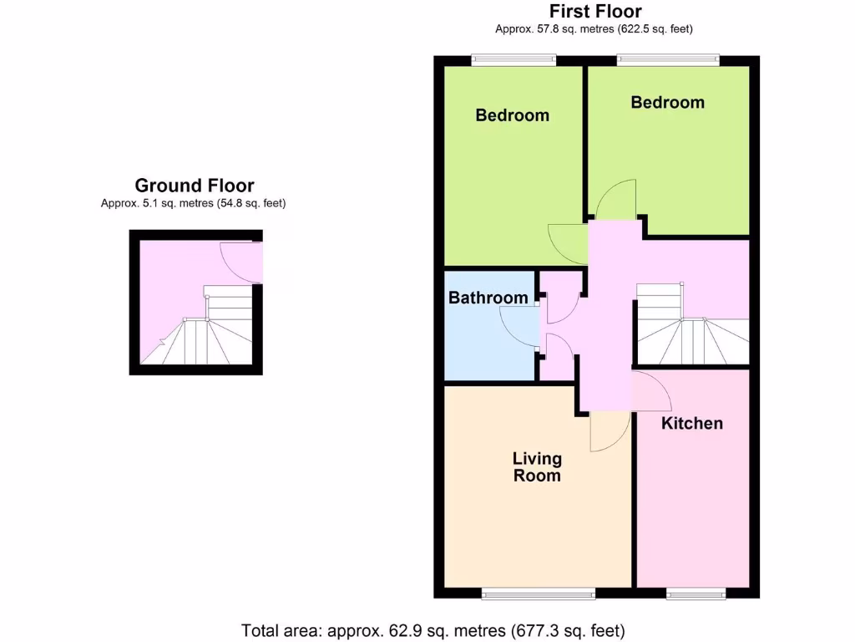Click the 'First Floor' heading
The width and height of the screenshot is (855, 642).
(x=595, y=12)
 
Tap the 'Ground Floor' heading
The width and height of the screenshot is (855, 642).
(x=195, y=186)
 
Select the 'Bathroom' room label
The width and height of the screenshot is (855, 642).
(x=488, y=298)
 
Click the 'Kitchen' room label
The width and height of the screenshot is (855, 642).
(x=691, y=423)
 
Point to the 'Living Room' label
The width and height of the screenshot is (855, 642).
(x=537, y=467)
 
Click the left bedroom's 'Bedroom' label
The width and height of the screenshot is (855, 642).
(x=512, y=115)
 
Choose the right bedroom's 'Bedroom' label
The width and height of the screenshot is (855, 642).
(x=667, y=102)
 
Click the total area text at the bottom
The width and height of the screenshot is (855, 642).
(x=433, y=629)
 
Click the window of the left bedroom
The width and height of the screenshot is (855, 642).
(x=514, y=59)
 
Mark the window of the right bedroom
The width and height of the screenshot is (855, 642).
(x=668, y=59)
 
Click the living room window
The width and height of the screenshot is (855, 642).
(x=539, y=594)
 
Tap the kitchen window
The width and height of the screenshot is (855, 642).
(x=696, y=594)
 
